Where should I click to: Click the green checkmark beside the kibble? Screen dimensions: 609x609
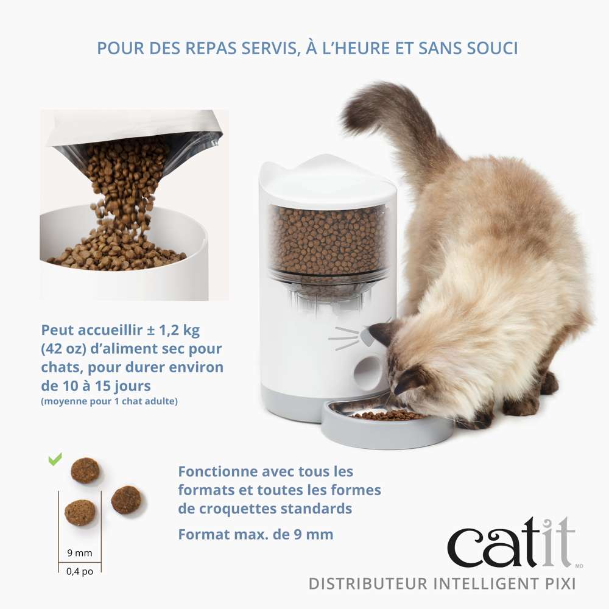click(55, 460)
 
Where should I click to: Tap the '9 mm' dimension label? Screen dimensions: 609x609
click(80, 553)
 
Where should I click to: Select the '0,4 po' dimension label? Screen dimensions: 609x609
click(80, 572)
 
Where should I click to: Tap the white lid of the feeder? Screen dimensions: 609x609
click(328, 183)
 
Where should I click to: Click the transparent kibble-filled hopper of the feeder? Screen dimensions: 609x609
click(329, 241)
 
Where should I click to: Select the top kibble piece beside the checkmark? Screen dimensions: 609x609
click(85, 470)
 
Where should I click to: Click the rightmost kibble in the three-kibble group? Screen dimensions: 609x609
click(126, 499)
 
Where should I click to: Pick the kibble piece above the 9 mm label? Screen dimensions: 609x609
click(80, 513)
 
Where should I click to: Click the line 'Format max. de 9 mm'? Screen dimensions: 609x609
click(256, 535)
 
